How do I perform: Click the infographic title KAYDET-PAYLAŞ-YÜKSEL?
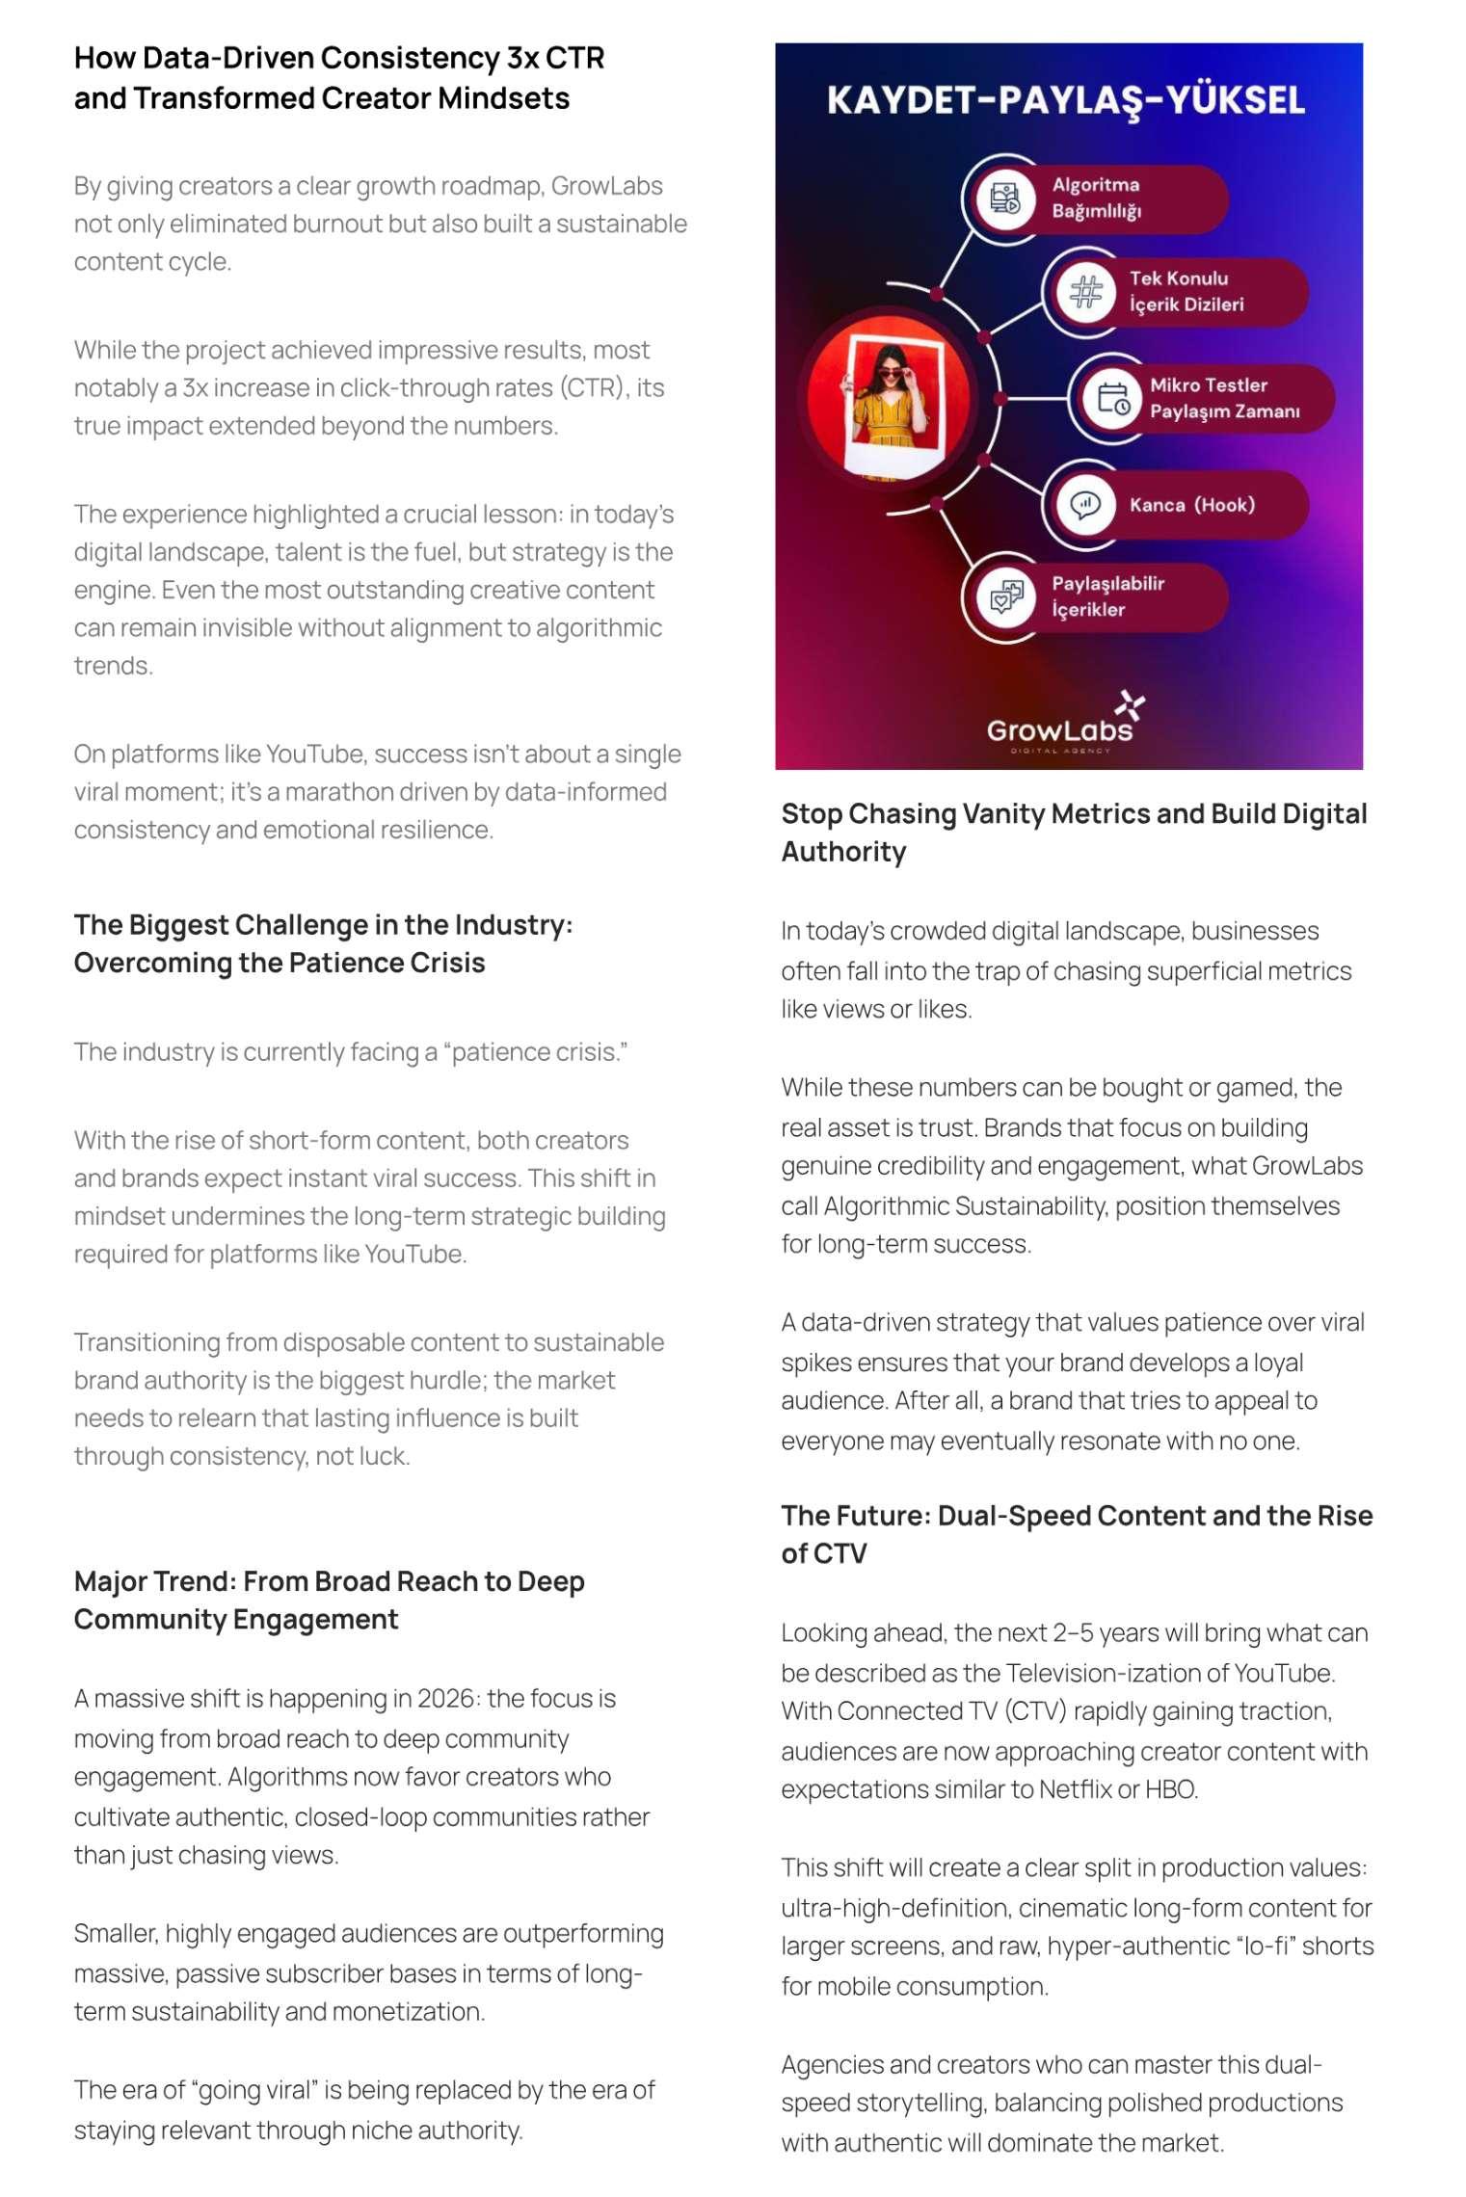click(x=1066, y=100)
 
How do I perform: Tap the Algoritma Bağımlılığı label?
click(x=1096, y=198)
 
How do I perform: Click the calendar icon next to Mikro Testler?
click(x=1113, y=398)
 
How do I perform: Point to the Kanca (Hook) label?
click(x=1191, y=505)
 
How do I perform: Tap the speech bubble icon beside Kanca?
click(x=1085, y=505)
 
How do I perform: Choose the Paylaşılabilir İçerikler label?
click(x=1107, y=596)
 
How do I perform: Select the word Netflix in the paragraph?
click(x=1075, y=1789)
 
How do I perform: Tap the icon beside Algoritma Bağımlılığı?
click(x=1005, y=199)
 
